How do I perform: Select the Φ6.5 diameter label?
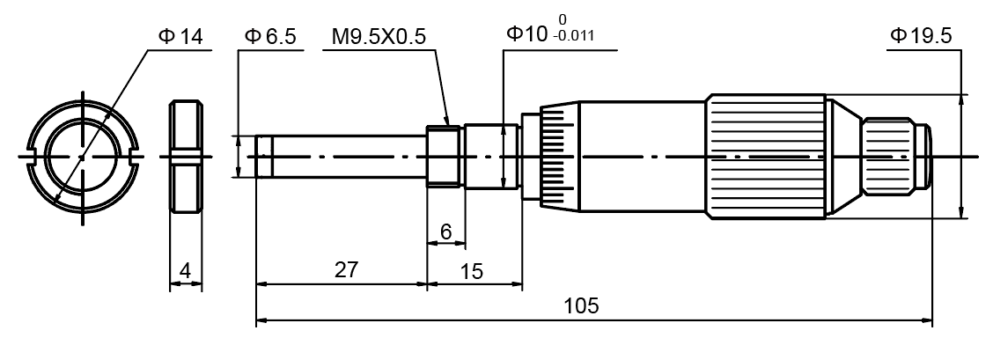tap(270, 36)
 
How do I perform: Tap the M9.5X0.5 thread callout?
tap(379, 36)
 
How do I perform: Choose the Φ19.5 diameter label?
tap(921, 36)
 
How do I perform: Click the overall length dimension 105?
tap(582, 305)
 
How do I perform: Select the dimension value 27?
tap(347, 270)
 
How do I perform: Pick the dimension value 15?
tap(472, 271)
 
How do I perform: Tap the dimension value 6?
tap(445, 231)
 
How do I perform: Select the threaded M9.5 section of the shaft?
tap(445, 157)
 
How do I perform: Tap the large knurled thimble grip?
tap(766, 157)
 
